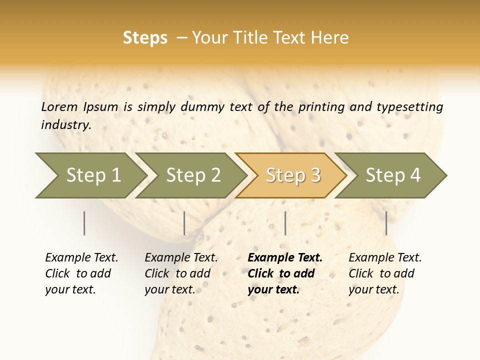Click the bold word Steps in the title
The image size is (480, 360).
pos(145,38)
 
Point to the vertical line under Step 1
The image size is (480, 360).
pos(84,223)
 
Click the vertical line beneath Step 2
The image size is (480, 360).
pos(184,223)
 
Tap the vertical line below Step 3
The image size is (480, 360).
pos(285,223)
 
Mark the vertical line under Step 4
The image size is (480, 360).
pos(386,223)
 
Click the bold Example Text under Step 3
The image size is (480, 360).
pos(285,258)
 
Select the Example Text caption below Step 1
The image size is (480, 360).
pos(81,258)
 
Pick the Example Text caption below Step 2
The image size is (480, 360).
pos(181,258)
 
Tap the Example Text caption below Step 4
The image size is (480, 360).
pos(385,258)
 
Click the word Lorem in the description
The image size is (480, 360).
pos(59,106)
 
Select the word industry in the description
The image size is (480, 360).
pos(65,125)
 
